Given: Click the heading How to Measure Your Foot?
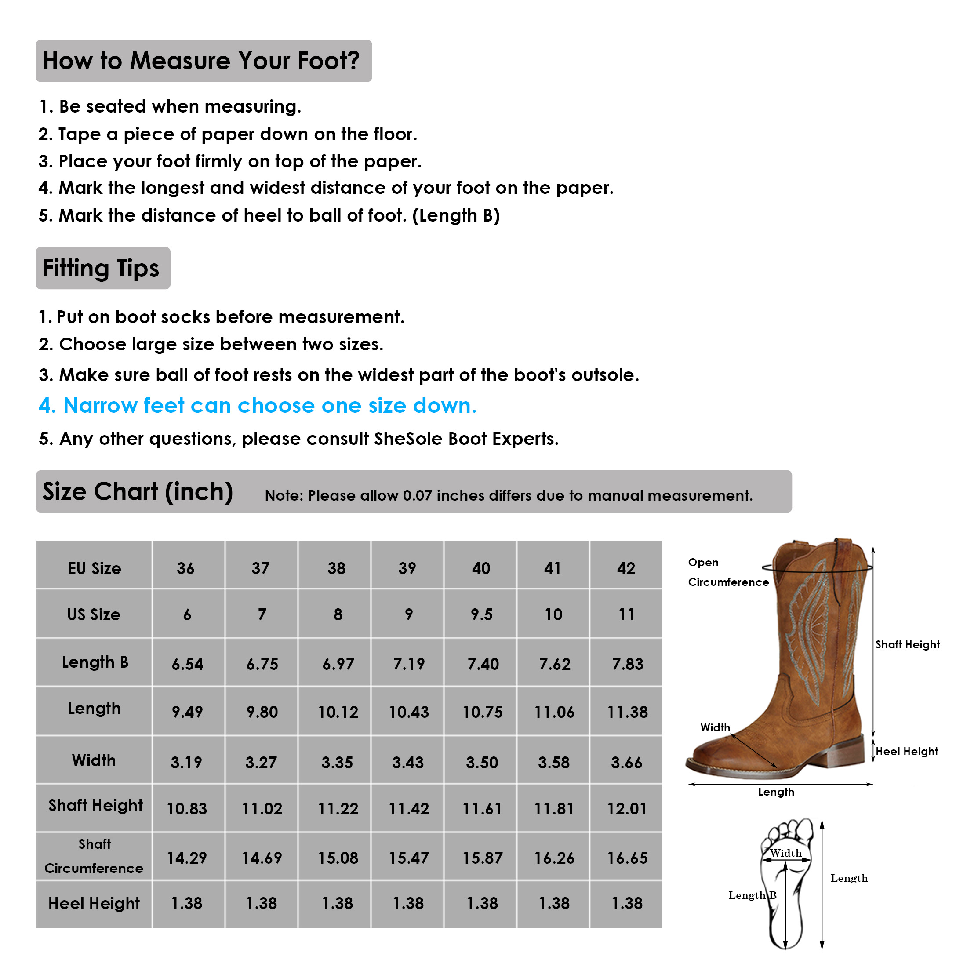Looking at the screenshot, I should (x=201, y=61).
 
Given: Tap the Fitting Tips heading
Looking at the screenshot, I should (x=101, y=268).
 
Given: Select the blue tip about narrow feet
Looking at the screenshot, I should (x=258, y=406).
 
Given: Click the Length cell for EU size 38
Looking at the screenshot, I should (x=338, y=712).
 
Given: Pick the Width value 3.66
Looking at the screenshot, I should (x=627, y=763).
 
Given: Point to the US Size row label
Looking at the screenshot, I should (x=94, y=614).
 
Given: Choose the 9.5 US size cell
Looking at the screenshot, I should (x=481, y=614).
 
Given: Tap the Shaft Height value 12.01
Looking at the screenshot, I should (x=627, y=809).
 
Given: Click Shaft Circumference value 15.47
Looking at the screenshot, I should (x=409, y=858).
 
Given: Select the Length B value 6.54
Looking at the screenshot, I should (x=187, y=664).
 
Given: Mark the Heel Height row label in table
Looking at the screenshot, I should (x=94, y=903).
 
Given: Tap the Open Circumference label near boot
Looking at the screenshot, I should (x=727, y=573).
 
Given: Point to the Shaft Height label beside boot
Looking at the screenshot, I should (x=907, y=645).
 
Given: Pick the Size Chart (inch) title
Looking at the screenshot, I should (x=138, y=491).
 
